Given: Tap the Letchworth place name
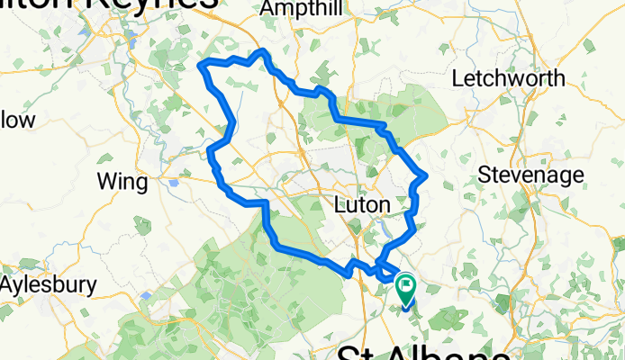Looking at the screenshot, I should (508, 78).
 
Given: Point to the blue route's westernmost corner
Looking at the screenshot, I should (201, 64).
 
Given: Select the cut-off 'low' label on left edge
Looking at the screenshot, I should (17, 120).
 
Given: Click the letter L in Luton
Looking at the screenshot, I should (340, 205).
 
